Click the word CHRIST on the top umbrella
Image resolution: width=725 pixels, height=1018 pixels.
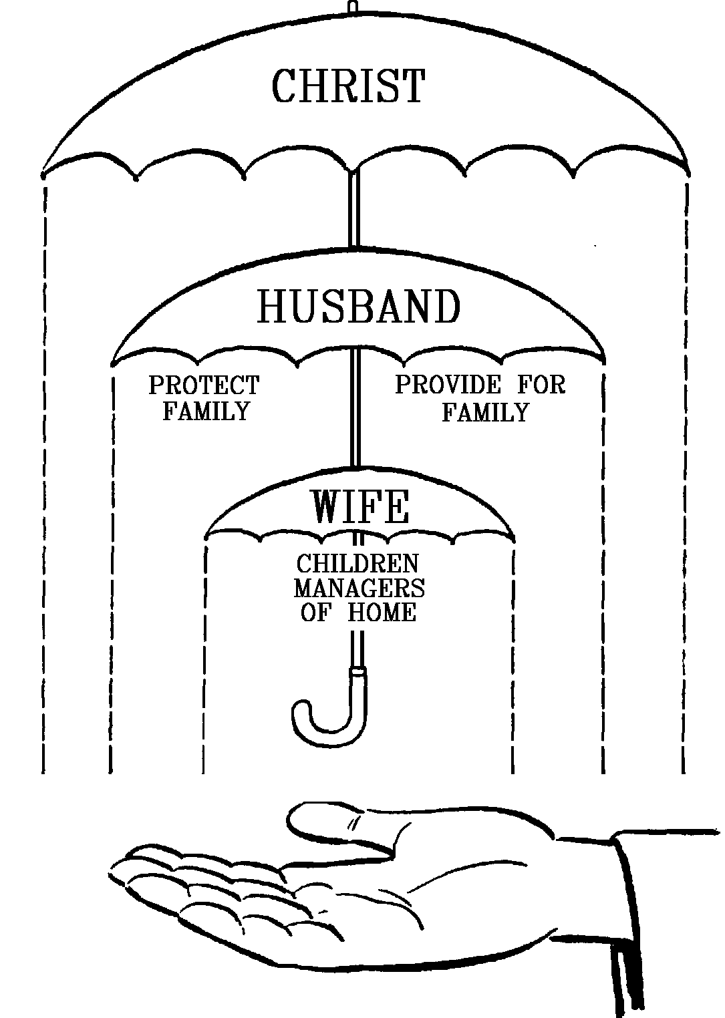click(348, 86)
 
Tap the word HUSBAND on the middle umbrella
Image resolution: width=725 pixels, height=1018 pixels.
click(359, 307)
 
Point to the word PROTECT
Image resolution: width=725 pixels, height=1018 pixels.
click(204, 385)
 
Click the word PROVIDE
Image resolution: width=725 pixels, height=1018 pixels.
click(447, 385)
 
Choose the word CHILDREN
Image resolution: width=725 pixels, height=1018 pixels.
click(357, 564)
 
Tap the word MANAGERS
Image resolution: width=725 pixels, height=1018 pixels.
click(359, 588)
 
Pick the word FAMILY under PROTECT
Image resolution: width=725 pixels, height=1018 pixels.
click(206, 411)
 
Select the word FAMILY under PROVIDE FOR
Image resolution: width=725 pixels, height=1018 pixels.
click(485, 412)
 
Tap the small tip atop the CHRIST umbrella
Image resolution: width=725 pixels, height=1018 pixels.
click(353, 7)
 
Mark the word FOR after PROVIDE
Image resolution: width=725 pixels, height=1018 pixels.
click(541, 385)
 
